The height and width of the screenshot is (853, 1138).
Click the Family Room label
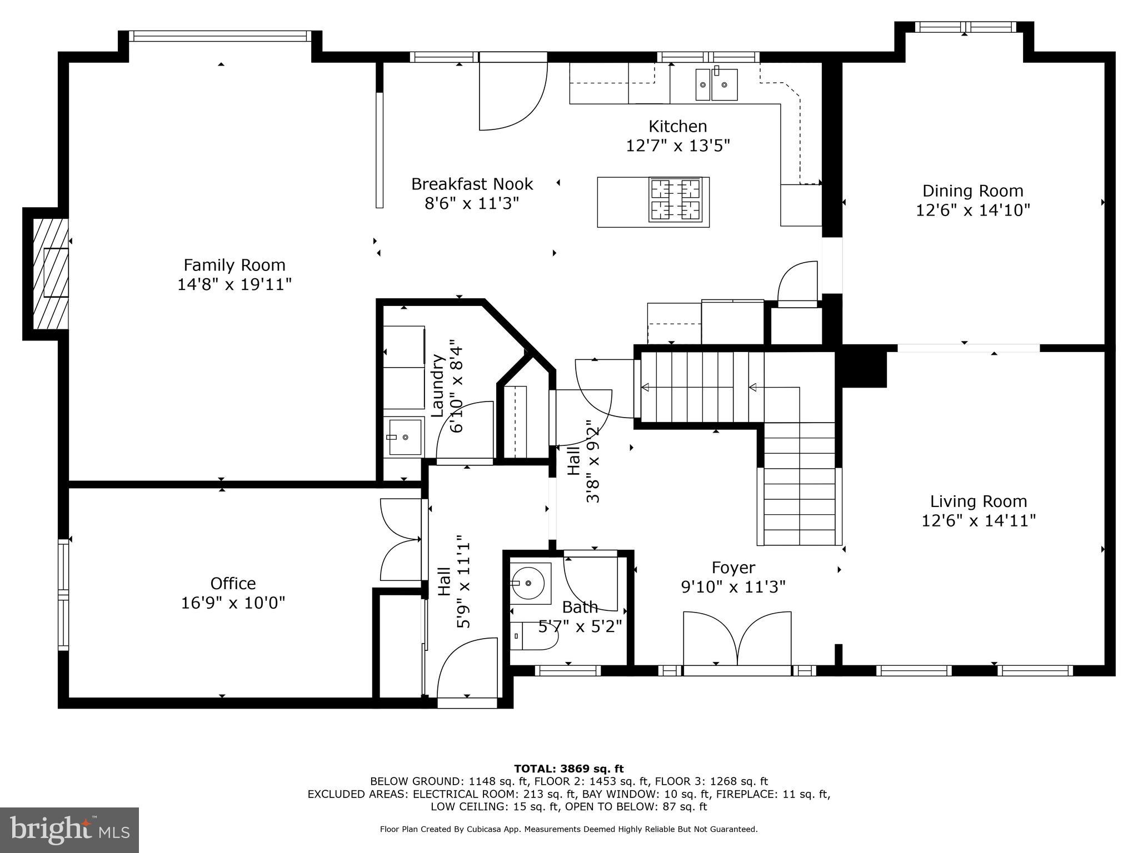tap(234, 265)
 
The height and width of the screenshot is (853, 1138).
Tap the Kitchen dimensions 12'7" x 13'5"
tap(677, 145)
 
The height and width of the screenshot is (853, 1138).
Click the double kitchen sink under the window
tap(717, 85)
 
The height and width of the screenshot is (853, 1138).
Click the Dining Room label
tap(972, 191)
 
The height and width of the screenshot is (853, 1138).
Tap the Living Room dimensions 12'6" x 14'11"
tap(979, 521)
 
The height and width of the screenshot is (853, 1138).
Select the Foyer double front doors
tap(737, 639)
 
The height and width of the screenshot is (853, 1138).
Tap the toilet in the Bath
tap(533, 636)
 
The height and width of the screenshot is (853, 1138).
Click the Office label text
tap(233, 583)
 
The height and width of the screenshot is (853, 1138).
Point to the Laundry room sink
tap(405, 437)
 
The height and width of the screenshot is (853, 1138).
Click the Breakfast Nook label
tap(472, 184)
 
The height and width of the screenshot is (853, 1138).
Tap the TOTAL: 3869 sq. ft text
tap(568, 769)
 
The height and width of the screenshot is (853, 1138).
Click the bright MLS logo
tap(69, 830)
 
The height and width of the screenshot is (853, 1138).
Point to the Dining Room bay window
tap(965, 27)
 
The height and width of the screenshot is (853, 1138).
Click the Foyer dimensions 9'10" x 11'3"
tap(733, 587)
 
